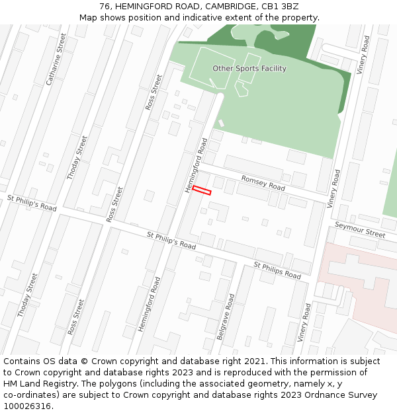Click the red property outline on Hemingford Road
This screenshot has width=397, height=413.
(x=201, y=191)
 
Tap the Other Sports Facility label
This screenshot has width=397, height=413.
(x=249, y=69)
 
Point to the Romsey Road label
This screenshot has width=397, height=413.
(x=263, y=183)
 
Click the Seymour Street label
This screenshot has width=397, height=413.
(x=359, y=229)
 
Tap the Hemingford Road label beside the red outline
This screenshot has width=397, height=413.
(x=197, y=165)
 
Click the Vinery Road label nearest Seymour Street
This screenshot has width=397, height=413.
(x=335, y=189)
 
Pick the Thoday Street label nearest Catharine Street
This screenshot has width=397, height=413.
(x=77, y=157)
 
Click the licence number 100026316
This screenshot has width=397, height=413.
(x=26, y=406)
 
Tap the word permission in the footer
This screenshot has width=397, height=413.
(x=311, y=373)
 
